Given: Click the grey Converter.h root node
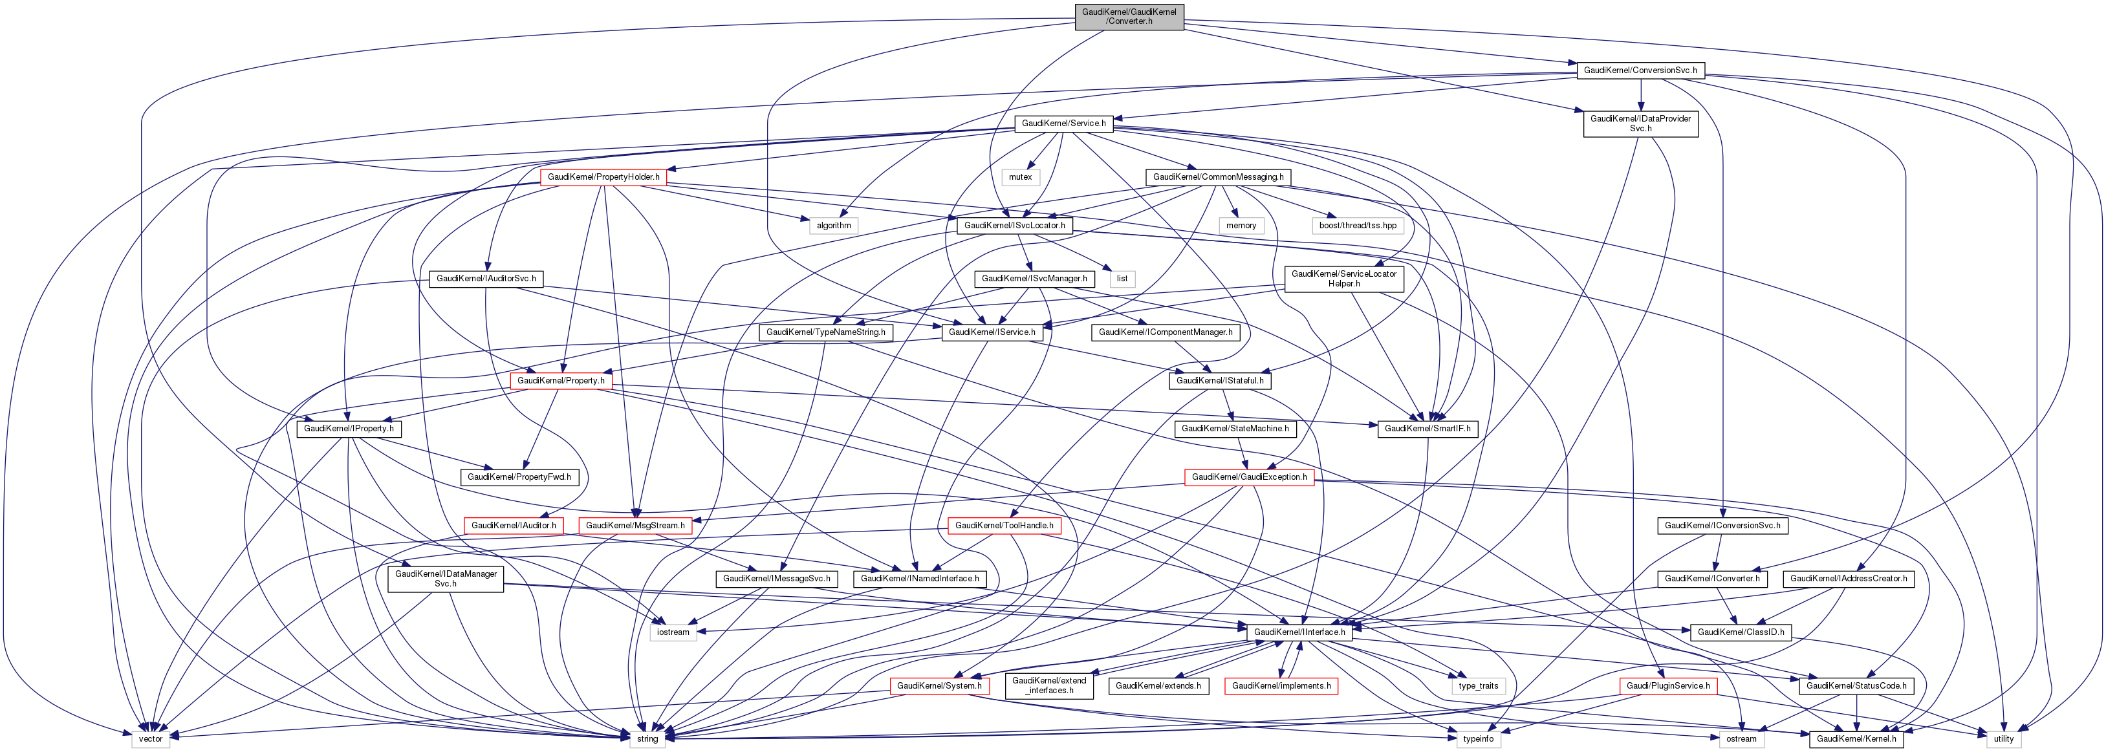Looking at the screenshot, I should [x=1129, y=16].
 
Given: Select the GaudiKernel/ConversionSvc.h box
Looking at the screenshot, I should [x=1640, y=70].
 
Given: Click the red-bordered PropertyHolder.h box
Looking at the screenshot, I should [x=603, y=177].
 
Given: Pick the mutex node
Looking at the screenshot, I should [x=1020, y=177].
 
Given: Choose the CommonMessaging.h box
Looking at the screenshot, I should [x=1218, y=177].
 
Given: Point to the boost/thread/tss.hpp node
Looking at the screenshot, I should [x=1358, y=225].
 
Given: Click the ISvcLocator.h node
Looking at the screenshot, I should [x=1014, y=225].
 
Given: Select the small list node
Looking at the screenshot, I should [x=1122, y=279].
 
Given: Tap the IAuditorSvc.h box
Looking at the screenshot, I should [x=486, y=279].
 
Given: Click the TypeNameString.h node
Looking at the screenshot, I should [x=826, y=332].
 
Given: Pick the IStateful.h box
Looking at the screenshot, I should [x=1220, y=380].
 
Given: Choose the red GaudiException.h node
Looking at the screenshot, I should [x=1249, y=477].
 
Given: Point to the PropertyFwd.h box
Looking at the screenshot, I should [x=519, y=477].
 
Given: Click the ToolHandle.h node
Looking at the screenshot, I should [x=1004, y=526].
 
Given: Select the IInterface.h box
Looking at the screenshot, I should [x=1299, y=632].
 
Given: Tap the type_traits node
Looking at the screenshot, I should [x=1478, y=686].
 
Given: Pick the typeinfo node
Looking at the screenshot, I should [x=1478, y=739].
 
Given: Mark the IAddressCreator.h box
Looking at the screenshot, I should [x=1849, y=579].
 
